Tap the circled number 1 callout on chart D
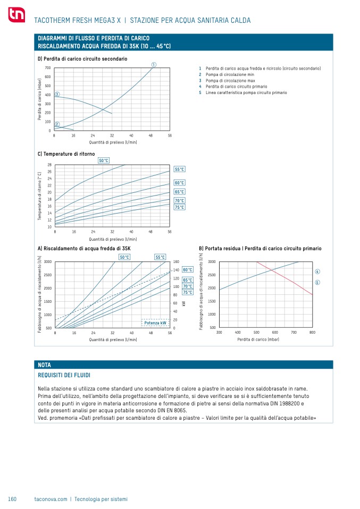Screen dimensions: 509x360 click(x=153, y=65)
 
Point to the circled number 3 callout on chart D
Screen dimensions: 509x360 click(x=57, y=94)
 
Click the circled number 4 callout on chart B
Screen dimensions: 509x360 click(x=317, y=272)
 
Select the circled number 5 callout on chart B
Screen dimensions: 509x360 click(x=317, y=282)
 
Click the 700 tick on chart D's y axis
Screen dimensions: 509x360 click(x=48, y=68)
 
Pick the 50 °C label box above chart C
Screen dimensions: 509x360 click(x=104, y=160)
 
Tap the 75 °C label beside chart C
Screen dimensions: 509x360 click(x=180, y=207)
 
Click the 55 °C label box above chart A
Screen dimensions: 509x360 click(x=161, y=257)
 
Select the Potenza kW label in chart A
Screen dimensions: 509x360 click(x=155, y=323)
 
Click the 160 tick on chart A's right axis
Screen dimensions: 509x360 click(x=176, y=262)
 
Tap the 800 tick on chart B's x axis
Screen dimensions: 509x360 click(x=312, y=332)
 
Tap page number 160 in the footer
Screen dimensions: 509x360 click(x=13, y=499)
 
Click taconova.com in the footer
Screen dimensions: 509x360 click(x=51, y=499)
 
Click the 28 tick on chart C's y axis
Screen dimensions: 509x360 click(x=49, y=165)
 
